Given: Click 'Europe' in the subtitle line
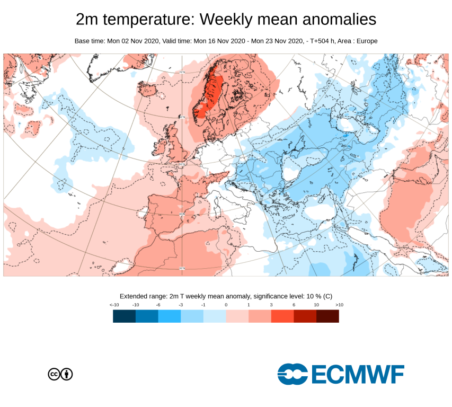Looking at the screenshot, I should click(x=366, y=41).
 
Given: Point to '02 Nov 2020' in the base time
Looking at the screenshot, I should click(x=139, y=41).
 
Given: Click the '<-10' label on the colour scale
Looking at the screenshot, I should click(x=113, y=305).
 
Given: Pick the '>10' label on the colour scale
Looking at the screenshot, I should click(x=339, y=305).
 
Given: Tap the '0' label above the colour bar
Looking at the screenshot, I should click(x=226, y=305).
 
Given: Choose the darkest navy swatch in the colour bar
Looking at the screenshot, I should click(x=124, y=316).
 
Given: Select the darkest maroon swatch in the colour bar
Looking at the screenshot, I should click(x=327, y=316).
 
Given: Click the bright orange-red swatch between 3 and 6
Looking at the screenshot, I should click(x=282, y=316).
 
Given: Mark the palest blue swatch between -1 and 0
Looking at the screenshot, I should click(x=215, y=316).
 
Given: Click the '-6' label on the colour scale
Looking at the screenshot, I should click(x=158, y=305).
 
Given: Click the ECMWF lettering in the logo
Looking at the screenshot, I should click(x=358, y=374).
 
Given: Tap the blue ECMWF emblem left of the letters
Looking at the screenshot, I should click(x=293, y=374).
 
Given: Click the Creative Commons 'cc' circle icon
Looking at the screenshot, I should click(x=54, y=374).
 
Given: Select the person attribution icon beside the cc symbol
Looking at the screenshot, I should click(x=67, y=374).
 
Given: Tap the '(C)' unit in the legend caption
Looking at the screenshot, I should click(x=327, y=296).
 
